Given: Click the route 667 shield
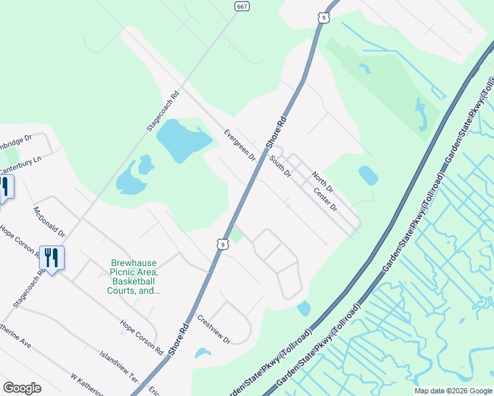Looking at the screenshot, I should (242, 6).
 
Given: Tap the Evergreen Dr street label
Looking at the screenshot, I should (238, 145).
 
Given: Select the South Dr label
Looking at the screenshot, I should (280, 166).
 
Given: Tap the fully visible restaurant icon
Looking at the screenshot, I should (52, 258).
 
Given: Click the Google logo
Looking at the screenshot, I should (22, 388).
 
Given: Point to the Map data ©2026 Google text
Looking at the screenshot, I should (453, 391).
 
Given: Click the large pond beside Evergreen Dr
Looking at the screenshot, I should (182, 140).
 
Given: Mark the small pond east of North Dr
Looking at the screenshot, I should (368, 175).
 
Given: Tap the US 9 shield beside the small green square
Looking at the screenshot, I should (223, 244).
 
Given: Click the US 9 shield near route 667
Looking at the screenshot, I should (323, 18).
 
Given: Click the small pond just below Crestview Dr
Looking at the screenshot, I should (203, 353).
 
